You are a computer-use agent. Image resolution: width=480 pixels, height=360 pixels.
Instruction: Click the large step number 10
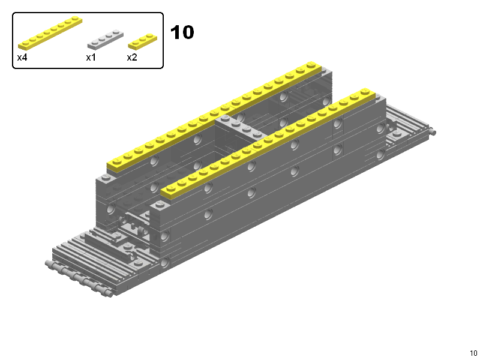click(182, 32)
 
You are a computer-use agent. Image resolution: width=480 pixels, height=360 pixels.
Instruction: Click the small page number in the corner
click(473, 353)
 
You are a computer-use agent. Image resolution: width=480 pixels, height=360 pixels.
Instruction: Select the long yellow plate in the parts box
click(50, 33)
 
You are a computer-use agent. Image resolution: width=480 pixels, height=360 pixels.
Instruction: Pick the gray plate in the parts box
click(106, 40)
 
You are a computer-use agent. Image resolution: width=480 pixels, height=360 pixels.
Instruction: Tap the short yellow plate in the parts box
click(142, 41)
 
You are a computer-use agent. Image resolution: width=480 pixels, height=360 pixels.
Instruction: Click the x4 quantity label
click(22, 57)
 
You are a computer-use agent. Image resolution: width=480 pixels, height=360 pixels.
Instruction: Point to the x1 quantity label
click(91, 57)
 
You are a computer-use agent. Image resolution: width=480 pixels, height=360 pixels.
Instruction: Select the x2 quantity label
click(132, 57)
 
